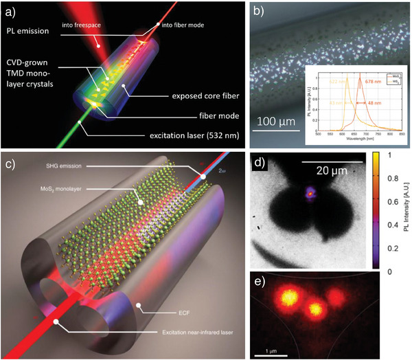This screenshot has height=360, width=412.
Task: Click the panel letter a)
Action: pos(13,12)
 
